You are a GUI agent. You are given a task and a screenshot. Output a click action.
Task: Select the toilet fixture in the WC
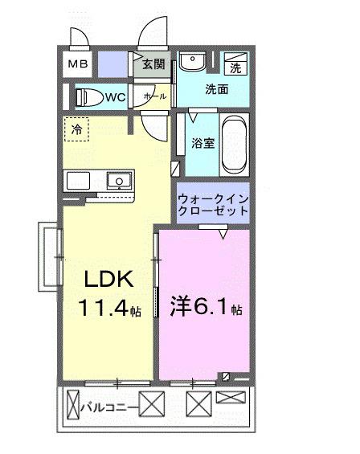[90, 97]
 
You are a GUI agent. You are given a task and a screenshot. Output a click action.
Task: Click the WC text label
[115, 97]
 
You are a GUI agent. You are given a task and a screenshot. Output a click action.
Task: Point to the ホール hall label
[154, 96]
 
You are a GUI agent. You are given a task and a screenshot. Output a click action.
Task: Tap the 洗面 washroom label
[215, 89]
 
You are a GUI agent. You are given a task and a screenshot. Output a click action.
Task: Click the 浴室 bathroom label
[202, 144]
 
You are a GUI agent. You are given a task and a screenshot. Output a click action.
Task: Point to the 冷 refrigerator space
[77, 129]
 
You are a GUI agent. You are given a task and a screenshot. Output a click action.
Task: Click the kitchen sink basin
[120, 180]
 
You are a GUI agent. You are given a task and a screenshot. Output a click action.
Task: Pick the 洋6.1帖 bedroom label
[207, 306]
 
